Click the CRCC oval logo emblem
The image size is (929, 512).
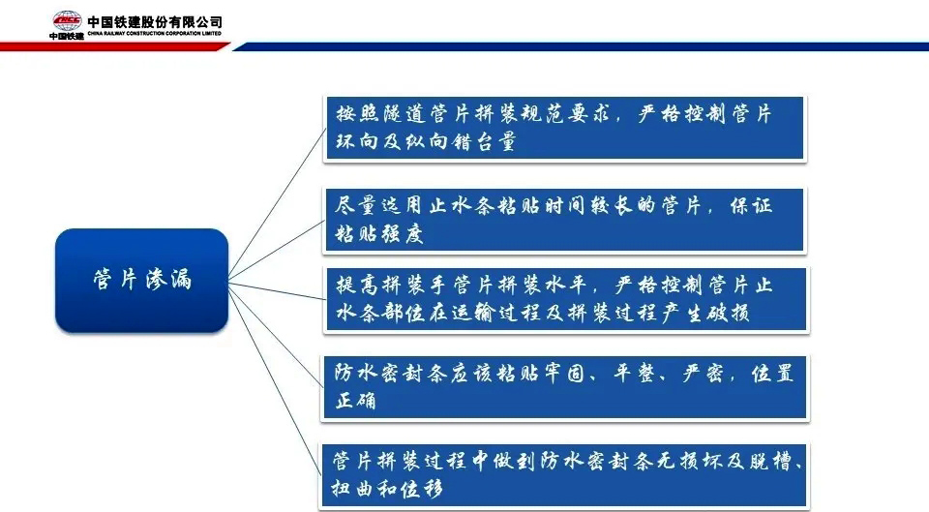point(67,20)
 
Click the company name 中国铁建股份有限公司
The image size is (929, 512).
point(155,22)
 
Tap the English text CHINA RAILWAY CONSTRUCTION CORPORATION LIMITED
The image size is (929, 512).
point(155,34)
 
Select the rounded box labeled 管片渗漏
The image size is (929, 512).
point(141,280)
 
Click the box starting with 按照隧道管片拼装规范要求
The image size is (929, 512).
point(564,128)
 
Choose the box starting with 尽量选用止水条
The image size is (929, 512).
point(564,221)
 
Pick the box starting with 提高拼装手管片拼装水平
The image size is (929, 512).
point(566,299)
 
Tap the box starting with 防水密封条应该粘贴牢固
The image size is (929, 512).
point(564,387)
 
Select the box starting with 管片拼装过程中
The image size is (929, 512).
point(563,475)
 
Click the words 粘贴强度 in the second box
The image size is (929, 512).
point(379,233)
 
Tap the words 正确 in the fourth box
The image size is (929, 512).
point(356,401)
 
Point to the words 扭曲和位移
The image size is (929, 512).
point(387,489)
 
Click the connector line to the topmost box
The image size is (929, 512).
point(277,202)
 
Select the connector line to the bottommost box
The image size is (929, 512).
point(275,379)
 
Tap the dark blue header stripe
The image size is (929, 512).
point(581,46)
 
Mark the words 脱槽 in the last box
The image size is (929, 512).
point(771,461)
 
